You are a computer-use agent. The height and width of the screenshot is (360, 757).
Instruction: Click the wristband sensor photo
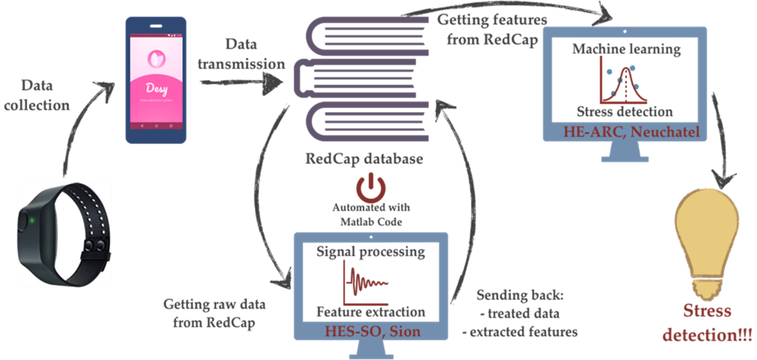click(63, 234)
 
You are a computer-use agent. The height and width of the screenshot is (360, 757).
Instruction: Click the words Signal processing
click(370, 251)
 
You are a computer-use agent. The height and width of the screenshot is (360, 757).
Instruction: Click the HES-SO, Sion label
click(371, 331)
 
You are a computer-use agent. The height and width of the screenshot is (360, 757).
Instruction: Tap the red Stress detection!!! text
click(708, 323)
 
